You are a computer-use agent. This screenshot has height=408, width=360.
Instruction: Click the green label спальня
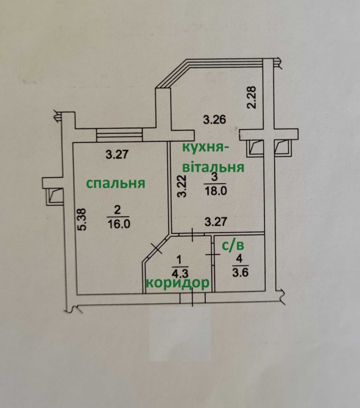[x=115, y=184]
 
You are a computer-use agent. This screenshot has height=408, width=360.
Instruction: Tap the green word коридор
[x=177, y=283]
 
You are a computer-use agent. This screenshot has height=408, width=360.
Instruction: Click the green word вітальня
[x=213, y=167]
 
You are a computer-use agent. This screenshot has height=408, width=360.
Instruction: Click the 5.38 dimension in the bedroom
[x=82, y=219]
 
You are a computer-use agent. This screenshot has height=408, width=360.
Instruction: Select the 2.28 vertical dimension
[x=252, y=97]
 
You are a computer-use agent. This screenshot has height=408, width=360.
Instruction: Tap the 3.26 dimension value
[x=214, y=120]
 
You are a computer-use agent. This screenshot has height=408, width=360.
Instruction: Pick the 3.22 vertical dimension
[x=182, y=186]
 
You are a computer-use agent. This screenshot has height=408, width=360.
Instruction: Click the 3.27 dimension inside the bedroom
[x=117, y=154]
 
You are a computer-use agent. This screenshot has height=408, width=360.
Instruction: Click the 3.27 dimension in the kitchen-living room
[x=216, y=222]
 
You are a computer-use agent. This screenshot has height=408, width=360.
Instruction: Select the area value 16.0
[x=118, y=223]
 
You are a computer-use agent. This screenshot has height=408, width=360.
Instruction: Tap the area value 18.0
[x=216, y=191]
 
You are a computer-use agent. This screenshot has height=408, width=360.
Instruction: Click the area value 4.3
[x=179, y=273]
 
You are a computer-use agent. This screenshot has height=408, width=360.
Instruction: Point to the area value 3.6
[x=239, y=272]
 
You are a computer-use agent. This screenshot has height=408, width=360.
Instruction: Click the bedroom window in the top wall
[x=120, y=135]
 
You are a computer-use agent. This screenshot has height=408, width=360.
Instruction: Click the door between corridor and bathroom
[x=213, y=255]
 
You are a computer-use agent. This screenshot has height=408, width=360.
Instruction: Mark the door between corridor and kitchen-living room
[x=192, y=234]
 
